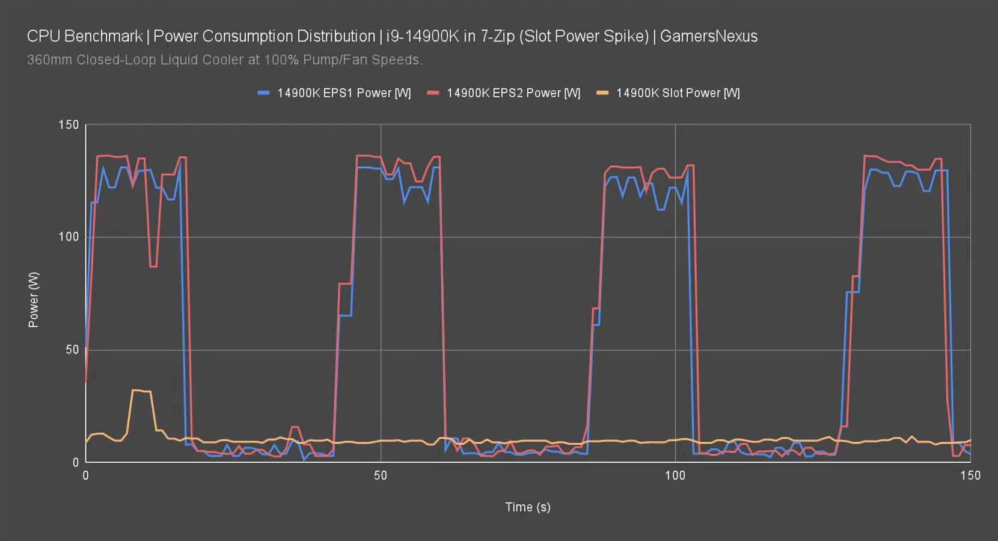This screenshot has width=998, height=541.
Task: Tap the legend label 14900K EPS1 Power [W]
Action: [x=344, y=93]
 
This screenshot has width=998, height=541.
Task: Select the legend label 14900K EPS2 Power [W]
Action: [x=513, y=93]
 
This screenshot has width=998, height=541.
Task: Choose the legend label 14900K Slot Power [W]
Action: [x=678, y=93]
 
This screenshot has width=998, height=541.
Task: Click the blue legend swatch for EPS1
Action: [x=263, y=93]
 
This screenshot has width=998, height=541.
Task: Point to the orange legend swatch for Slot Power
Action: [x=602, y=93]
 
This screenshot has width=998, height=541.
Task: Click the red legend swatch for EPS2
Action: [x=433, y=93]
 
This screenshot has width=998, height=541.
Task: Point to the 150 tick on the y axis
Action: [x=69, y=125]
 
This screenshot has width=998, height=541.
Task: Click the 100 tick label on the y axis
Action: [x=69, y=237]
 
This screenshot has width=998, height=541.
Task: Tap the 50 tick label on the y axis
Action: [x=72, y=350]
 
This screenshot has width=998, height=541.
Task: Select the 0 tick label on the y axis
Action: [x=76, y=462]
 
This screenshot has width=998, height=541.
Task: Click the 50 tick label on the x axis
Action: [x=381, y=475]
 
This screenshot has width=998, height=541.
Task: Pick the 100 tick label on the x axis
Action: [x=675, y=475]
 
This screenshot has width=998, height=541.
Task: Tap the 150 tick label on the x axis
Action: [x=970, y=475]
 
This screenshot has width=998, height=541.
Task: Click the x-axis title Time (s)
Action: [x=527, y=507]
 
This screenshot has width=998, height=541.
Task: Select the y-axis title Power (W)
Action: [x=34, y=299]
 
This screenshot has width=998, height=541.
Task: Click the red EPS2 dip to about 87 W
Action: [x=153, y=266]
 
